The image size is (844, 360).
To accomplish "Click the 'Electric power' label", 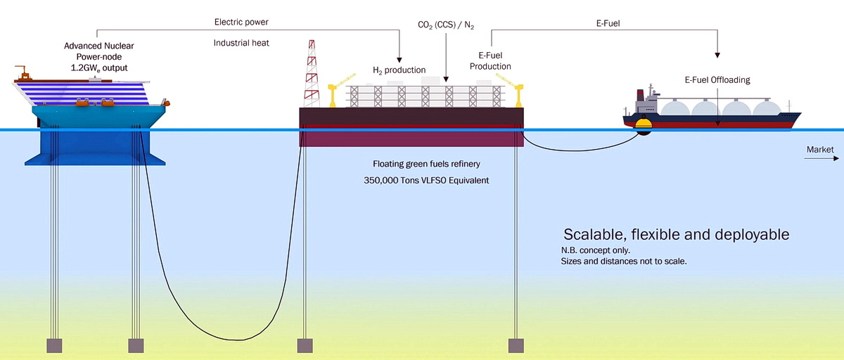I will tap(241, 22).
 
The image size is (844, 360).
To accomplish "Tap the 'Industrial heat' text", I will tap(241, 43).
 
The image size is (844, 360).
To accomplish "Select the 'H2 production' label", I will tap(399, 70).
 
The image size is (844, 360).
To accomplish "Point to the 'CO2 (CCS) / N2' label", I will tap(446, 26).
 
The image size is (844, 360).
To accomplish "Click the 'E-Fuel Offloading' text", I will tap(717, 80).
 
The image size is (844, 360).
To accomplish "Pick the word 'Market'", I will tap(820, 150).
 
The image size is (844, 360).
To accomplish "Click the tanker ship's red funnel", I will tap(640, 96).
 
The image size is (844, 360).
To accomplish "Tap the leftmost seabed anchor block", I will tap(54, 345).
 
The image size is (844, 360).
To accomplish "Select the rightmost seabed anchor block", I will tap(517, 345).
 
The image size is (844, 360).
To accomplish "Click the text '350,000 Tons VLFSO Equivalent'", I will tap(421, 180).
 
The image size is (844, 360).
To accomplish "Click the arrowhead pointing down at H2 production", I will tap(399, 58).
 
